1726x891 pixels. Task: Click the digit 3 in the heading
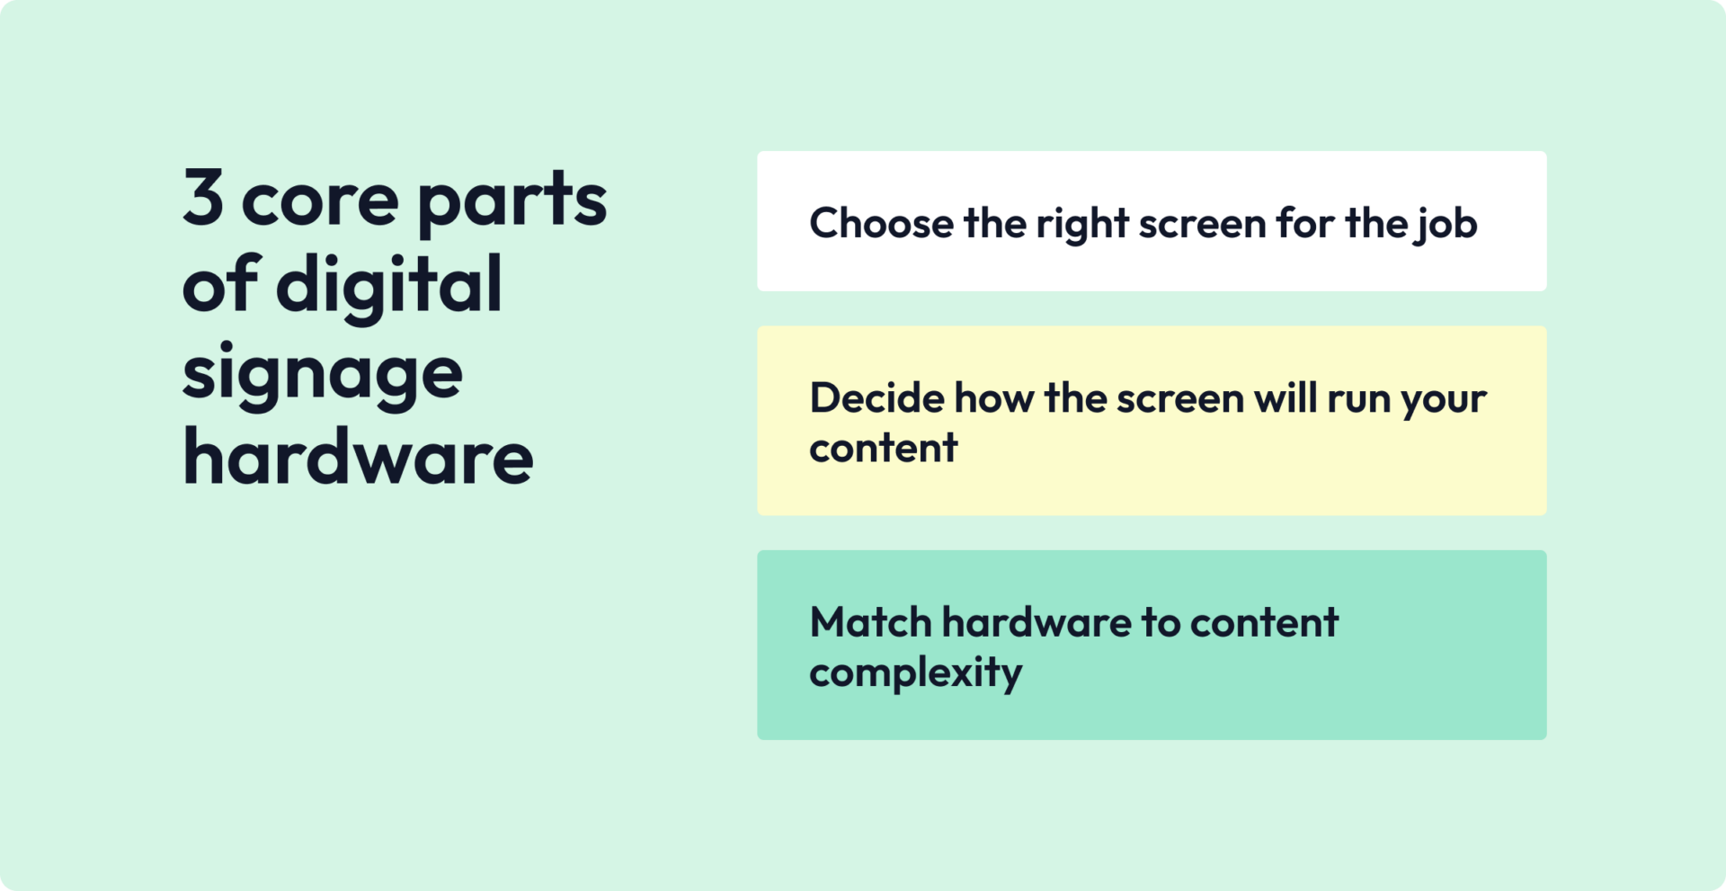tap(203, 197)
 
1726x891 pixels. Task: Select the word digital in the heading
tap(388, 285)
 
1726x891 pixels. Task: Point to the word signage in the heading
tap(322, 375)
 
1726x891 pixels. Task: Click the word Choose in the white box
tap(881, 223)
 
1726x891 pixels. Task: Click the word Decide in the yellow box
tap(876, 398)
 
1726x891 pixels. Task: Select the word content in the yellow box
tap(883, 448)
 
